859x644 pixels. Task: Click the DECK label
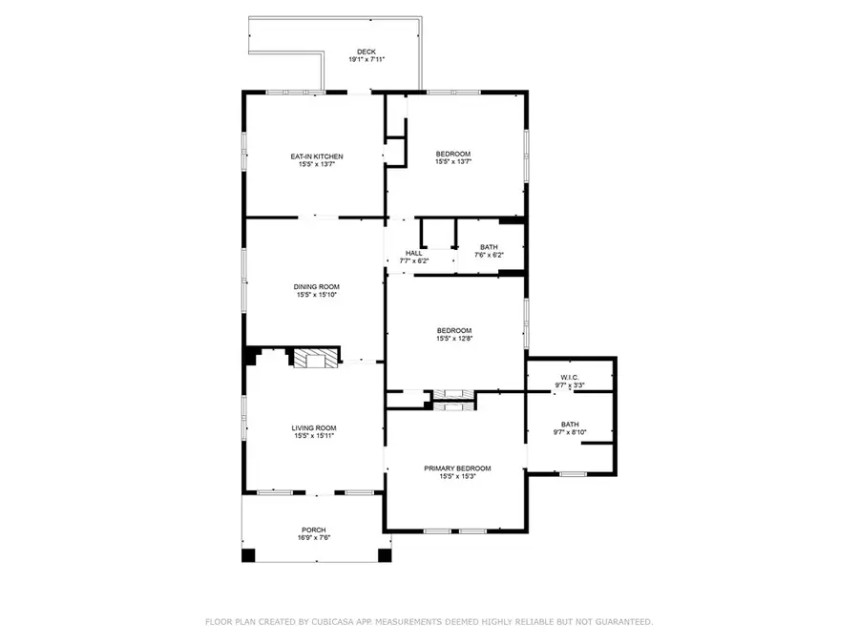click(x=367, y=52)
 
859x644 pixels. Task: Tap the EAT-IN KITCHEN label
click(x=317, y=156)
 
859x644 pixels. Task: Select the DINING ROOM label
click(x=317, y=287)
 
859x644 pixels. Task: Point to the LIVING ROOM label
click(x=314, y=428)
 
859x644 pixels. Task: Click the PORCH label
click(x=314, y=530)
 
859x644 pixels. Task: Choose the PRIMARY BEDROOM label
click(x=457, y=468)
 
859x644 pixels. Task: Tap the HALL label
click(x=414, y=254)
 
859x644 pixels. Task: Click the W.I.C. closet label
click(x=570, y=378)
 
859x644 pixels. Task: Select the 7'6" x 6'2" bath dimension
click(x=489, y=255)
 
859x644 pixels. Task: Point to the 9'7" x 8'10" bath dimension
click(x=570, y=432)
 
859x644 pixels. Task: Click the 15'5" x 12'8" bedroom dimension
click(x=454, y=339)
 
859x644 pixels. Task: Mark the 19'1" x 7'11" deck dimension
click(x=367, y=60)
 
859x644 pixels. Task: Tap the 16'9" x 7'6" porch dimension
click(x=314, y=538)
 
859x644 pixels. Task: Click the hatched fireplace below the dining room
click(x=316, y=359)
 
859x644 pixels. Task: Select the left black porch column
click(x=249, y=555)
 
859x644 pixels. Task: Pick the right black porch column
click(x=386, y=555)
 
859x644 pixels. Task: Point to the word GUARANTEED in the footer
click(x=624, y=622)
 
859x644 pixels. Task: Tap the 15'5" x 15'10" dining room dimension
click(x=317, y=295)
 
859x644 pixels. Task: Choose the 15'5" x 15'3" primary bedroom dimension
click(x=457, y=476)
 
